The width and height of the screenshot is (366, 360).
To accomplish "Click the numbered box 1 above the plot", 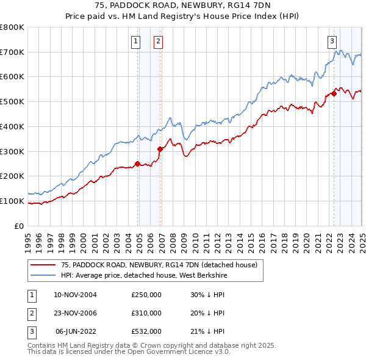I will point(135,41).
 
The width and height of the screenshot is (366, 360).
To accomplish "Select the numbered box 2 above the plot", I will point(158,41).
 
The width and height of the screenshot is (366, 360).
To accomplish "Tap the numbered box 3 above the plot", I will point(332,41).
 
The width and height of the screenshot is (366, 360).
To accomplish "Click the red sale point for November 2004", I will point(137,164).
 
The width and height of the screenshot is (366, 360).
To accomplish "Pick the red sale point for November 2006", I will point(160,148).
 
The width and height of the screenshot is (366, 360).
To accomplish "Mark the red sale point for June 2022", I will point(334,93).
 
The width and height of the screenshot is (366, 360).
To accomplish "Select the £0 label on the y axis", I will point(18,226).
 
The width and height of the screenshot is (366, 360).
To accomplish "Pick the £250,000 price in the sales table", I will point(146,295).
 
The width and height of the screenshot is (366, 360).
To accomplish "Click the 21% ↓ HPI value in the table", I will point(207,331).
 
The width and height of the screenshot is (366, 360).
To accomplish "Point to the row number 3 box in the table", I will point(31,331).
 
